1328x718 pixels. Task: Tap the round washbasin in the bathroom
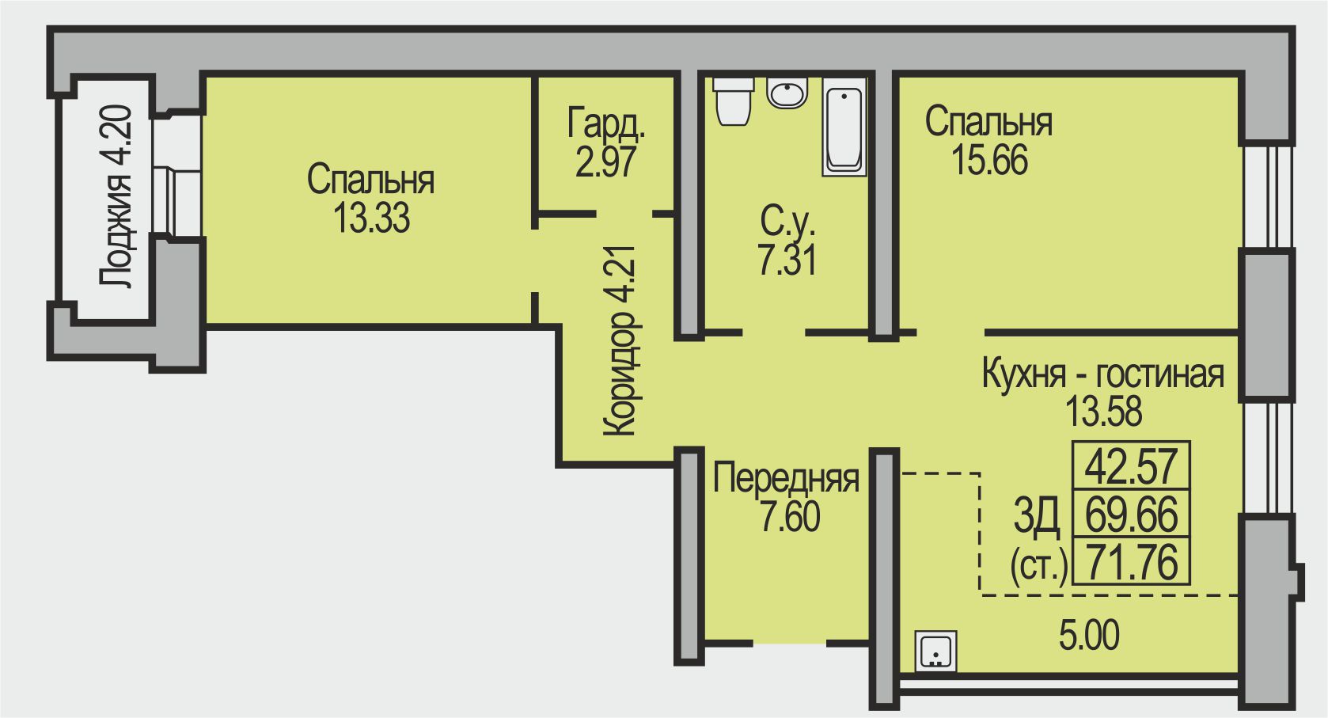(787, 93)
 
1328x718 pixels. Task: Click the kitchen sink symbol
(935, 651)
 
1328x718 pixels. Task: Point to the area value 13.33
(371, 218)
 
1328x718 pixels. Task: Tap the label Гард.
(606, 123)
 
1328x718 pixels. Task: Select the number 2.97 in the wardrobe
(606, 161)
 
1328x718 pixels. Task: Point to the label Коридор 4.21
(620, 340)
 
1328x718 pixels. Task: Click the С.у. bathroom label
(787, 222)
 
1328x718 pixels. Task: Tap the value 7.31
(787, 260)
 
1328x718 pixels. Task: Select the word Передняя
(786, 478)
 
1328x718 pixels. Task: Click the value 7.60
(789, 516)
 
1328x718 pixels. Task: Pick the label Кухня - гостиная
(1102, 374)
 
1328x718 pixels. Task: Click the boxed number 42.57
(1131, 465)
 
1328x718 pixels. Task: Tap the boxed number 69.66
(1131, 514)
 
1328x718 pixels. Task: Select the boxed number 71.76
(1131, 562)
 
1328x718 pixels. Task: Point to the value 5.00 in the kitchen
(1089, 635)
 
